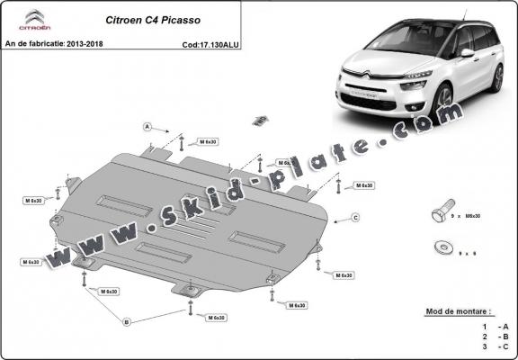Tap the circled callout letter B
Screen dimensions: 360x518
127,321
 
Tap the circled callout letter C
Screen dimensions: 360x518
356,218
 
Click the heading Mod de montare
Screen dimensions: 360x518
458,311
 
